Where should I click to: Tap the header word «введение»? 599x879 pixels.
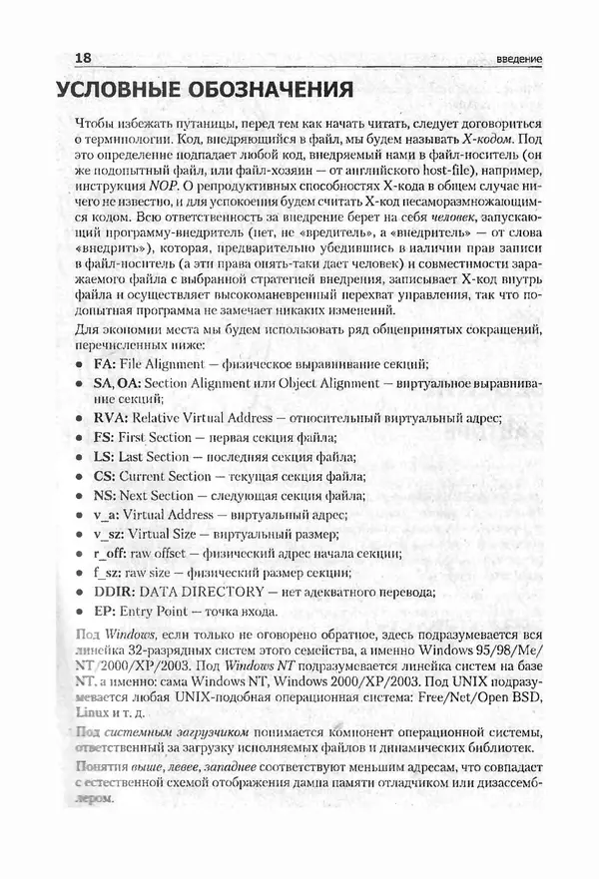(518, 59)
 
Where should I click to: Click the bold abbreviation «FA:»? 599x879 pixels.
(106, 362)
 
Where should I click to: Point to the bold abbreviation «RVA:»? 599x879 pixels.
(112, 417)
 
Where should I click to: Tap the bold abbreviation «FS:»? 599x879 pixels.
(104, 436)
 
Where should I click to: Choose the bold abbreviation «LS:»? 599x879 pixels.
(104, 456)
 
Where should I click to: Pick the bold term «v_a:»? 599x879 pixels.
(106, 514)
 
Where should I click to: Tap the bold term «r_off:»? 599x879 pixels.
(110, 553)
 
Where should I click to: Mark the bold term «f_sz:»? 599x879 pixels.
(107, 572)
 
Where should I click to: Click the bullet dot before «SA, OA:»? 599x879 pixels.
(78, 383)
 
